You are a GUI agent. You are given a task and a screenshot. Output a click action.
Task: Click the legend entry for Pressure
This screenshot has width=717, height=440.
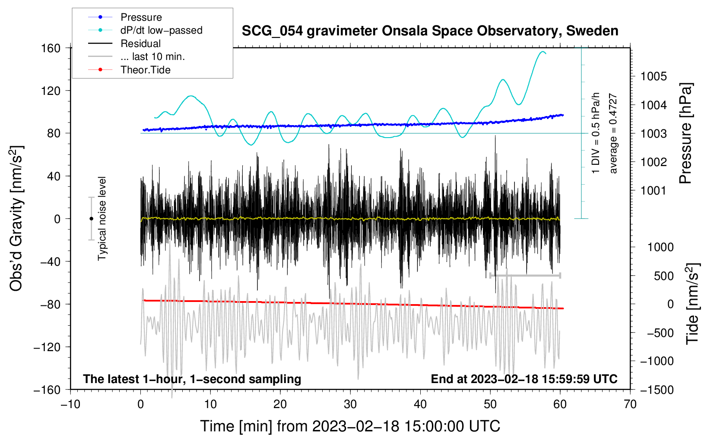(141, 17)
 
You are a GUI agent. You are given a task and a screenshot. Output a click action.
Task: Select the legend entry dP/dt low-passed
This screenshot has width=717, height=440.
(161, 30)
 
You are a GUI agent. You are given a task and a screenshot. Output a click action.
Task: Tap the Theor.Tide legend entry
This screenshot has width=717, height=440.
(145, 70)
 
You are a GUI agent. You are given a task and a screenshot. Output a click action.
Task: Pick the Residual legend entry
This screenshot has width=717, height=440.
(140, 44)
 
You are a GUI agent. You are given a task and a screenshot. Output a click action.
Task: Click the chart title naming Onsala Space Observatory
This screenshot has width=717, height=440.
(430, 31)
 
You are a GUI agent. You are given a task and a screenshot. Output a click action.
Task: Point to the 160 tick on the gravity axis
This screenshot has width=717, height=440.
(51, 48)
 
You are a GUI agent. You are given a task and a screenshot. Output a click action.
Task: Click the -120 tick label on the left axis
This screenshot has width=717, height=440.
(47, 347)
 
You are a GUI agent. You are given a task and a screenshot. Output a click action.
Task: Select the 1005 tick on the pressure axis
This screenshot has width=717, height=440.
(654, 76)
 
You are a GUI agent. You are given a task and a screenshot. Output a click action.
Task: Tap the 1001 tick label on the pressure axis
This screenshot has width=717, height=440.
(654, 190)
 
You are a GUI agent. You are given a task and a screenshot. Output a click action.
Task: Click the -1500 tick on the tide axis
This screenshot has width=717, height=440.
(657, 390)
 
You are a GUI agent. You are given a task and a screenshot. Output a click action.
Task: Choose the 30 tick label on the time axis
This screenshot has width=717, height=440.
(350, 404)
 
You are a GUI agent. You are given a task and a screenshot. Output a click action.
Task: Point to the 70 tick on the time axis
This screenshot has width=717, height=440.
(630, 404)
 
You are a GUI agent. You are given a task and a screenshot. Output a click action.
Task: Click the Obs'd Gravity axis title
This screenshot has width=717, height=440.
(16, 218)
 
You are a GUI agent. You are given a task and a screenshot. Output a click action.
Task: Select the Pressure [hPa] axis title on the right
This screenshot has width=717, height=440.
(685, 134)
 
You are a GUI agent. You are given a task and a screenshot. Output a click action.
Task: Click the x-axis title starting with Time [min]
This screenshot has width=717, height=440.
(350, 426)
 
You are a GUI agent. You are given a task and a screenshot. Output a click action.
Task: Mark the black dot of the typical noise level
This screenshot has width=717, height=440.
(91, 219)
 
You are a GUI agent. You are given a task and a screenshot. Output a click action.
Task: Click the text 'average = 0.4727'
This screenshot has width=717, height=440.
(613, 134)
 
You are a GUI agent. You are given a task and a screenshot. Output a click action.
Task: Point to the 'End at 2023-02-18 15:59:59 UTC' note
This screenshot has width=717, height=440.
(524, 379)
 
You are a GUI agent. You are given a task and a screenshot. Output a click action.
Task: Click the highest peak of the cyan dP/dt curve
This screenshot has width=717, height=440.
(543, 52)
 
